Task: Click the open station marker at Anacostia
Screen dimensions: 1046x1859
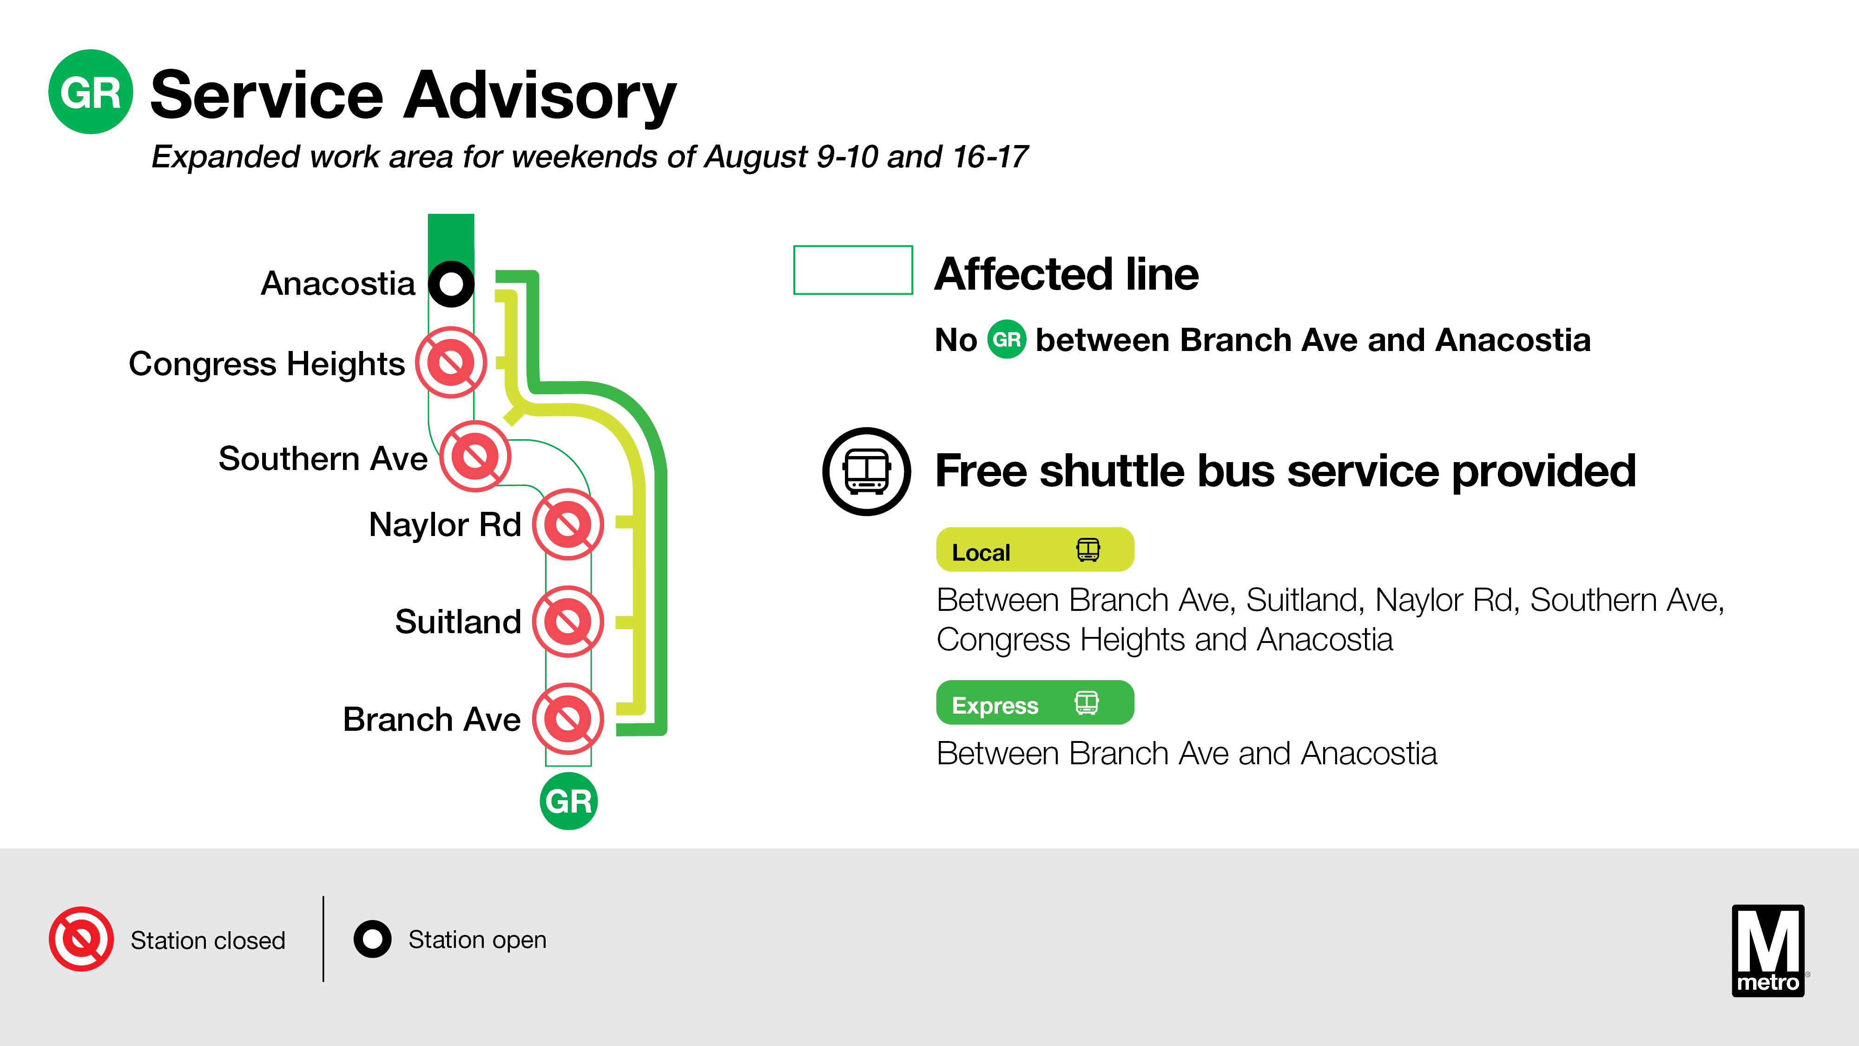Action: point(451,284)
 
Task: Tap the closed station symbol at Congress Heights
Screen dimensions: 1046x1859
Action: point(451,363)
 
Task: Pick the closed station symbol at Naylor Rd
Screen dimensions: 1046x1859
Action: point(568,525)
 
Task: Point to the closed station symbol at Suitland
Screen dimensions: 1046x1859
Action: point(568,622)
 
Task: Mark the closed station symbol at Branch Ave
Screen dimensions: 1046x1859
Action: point(568,719)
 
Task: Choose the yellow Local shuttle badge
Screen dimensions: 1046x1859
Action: point(1034,550)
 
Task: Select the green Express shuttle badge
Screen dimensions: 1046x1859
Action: point(1034,702)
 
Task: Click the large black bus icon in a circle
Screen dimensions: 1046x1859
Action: point(867,471)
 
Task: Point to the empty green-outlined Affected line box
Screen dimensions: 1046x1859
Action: point(853,270)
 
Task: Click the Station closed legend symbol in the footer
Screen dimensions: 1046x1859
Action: point(81,939)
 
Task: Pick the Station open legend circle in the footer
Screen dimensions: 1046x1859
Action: point(372,939)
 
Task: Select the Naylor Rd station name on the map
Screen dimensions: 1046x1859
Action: point(445,525)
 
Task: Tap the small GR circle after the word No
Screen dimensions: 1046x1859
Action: point(1007,339)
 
